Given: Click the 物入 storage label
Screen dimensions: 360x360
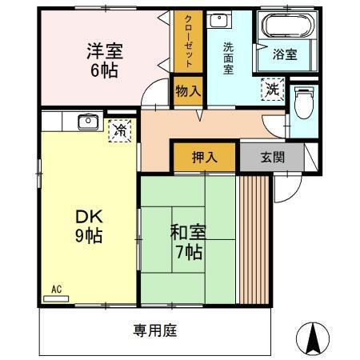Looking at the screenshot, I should (x=188, y=91).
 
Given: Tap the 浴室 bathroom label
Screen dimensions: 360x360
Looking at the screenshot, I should (x=284, y=55).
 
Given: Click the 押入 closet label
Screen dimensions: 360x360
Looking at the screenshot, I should (x=204, y=157).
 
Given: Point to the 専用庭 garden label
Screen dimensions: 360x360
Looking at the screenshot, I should (x=154, y=329).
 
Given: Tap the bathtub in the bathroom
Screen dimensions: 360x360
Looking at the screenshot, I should (x=284, y=29).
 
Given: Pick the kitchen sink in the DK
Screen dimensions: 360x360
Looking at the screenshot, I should (x=86, y=122).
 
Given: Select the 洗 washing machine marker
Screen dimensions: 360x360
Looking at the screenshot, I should (x=273, y=88).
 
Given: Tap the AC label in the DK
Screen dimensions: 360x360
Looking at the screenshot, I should (x=57, y=289).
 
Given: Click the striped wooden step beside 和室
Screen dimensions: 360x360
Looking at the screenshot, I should (x=255, y=238).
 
